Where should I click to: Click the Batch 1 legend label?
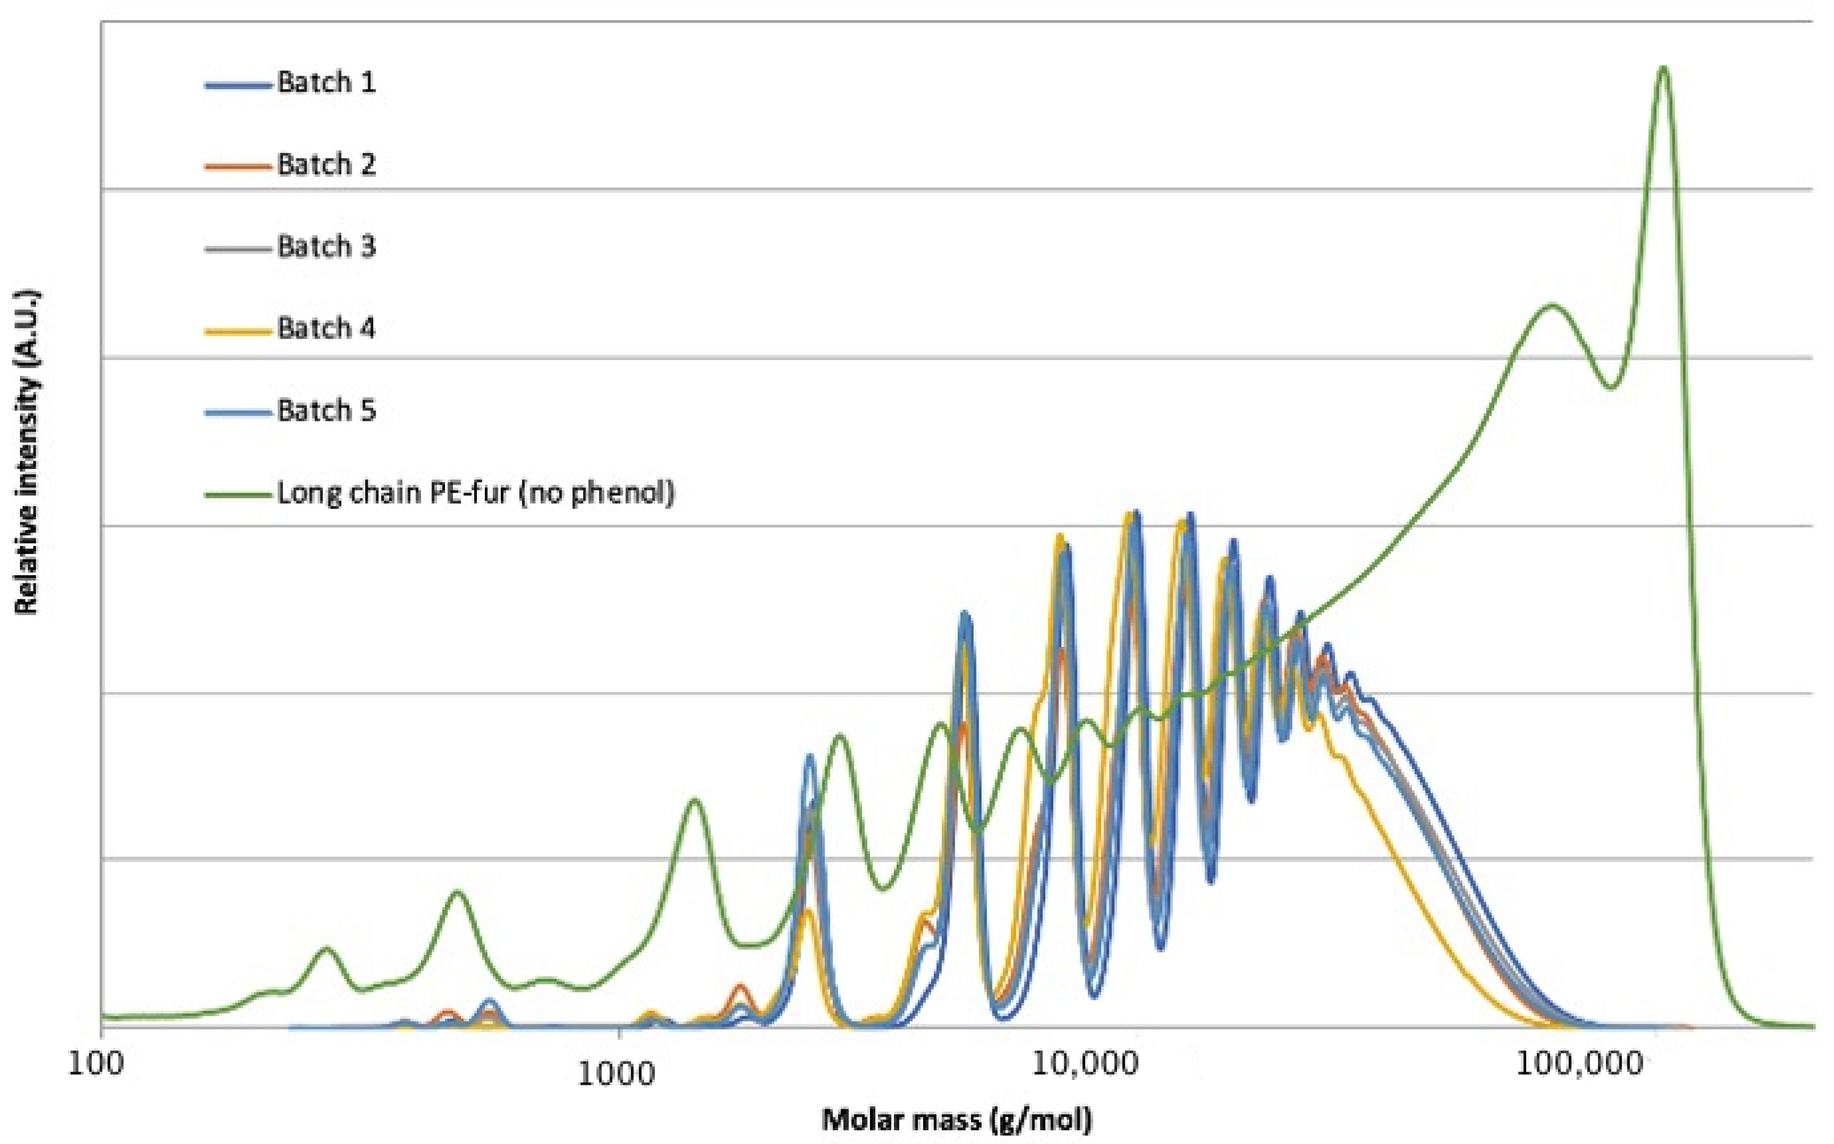pos(326,82)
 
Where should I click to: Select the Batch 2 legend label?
pos(326,164)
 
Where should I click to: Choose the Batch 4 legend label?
pos(326,328)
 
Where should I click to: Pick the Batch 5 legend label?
pos(326,411)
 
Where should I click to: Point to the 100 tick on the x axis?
pos(102,1067)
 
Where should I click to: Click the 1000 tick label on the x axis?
pos(620,1067)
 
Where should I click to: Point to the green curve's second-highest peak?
pos(1552,305)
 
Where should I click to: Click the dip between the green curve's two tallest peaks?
pos(1611,387)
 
